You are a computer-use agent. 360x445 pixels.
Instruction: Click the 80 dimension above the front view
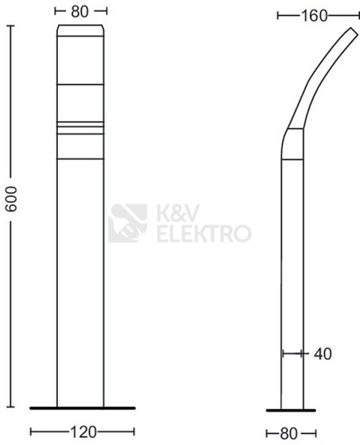(x=80, y=12)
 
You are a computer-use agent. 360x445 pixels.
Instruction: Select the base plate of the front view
(x=80, y=408)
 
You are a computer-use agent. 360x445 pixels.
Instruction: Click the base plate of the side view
(x=288, y=408)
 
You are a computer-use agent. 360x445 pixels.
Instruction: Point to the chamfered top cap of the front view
(x=80, y=31)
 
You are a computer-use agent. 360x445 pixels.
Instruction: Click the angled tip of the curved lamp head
(x=350, y=34)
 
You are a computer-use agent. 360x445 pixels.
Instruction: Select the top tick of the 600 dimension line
(x=11, y=26)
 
